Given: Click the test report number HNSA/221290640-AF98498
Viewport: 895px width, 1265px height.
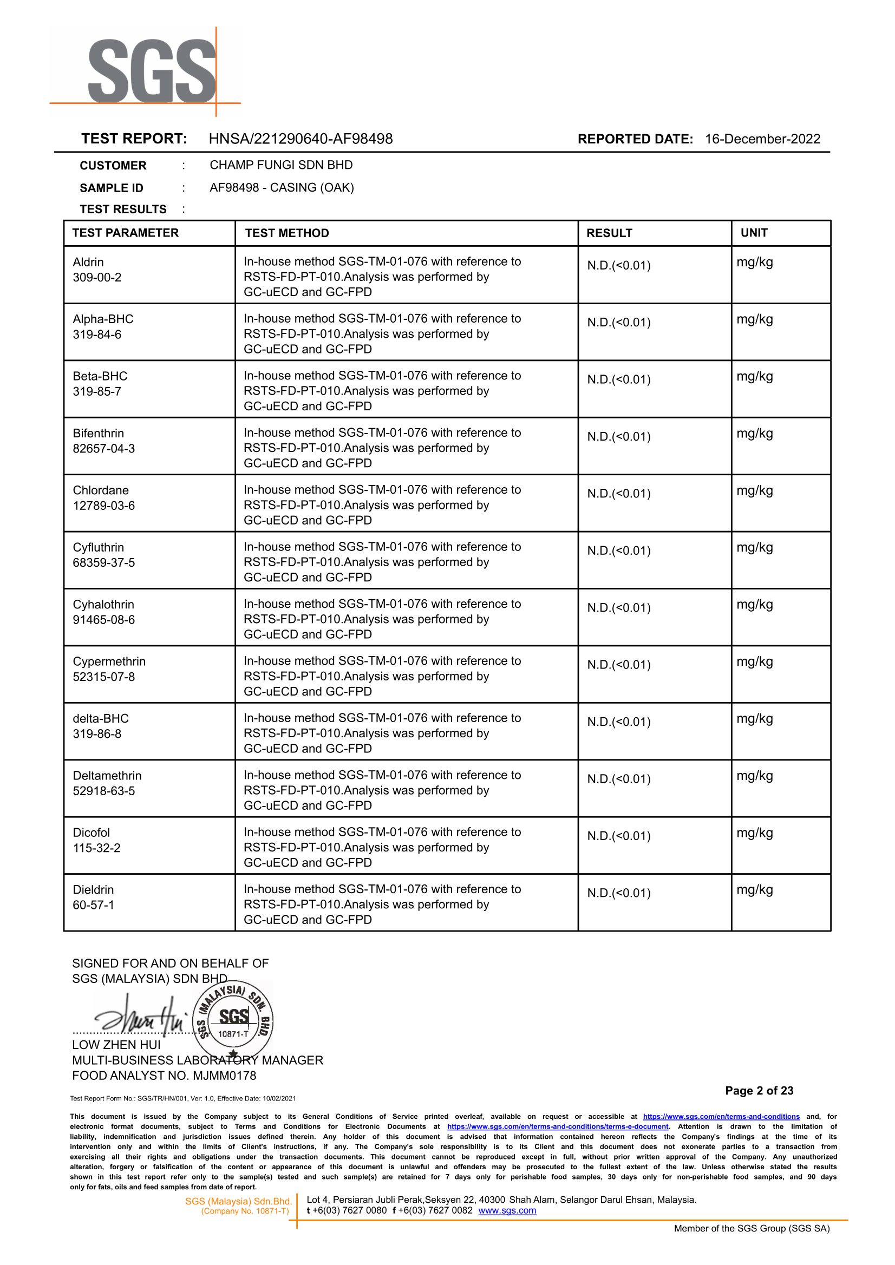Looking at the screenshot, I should point(300,139).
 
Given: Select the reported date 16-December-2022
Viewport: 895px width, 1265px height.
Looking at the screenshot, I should point(762,139).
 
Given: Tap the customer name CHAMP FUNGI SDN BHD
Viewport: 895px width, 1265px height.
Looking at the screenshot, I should point(281,165).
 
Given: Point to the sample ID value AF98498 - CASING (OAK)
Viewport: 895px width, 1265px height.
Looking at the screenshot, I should point(282,187).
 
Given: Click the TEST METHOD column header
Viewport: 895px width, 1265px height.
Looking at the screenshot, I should point(286,233).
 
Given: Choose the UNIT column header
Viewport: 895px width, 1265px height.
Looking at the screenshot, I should point(753,233).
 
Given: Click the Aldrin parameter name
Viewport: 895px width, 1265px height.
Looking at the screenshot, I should point(88,262).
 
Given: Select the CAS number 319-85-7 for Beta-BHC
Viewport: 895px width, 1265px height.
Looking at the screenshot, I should point(97,392).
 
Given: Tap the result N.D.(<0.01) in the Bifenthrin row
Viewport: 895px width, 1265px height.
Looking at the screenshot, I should point(618,437).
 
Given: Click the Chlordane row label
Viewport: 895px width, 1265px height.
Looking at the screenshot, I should point(101,490).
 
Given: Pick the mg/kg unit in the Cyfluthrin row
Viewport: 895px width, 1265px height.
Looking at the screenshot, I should point(754,548).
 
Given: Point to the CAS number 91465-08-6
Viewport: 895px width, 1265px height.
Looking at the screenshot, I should point(103,620).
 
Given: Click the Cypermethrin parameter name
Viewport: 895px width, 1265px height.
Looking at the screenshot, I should point(109,661).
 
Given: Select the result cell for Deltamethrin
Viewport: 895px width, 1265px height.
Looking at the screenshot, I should point(618,779).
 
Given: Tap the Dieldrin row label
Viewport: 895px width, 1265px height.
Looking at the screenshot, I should point(93,890).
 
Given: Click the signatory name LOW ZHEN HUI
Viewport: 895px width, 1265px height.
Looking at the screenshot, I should point(116,1045).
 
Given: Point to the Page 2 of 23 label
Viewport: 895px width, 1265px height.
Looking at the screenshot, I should point(759,1090).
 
